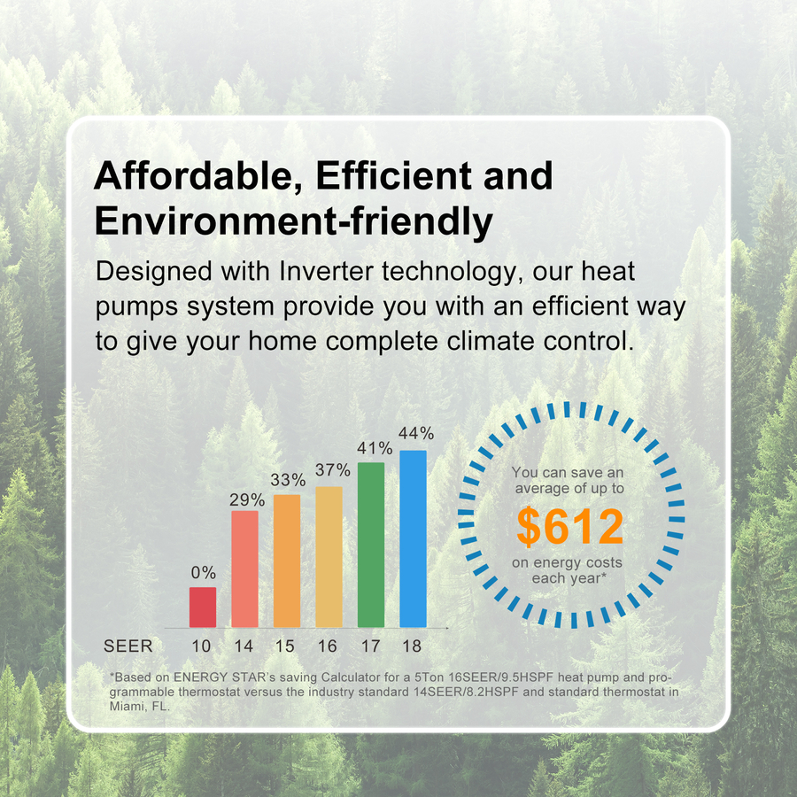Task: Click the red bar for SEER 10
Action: (203, 607)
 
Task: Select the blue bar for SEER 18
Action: (413, 538)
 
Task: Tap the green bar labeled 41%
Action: (371, 545)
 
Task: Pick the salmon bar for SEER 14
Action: (244, 569)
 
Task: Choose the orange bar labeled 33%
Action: (287, 561)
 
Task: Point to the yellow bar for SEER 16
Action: (329, 557)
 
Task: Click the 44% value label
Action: (416, 434)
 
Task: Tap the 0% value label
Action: (204, 573)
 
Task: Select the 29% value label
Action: (247, 500)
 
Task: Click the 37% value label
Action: (332, 470)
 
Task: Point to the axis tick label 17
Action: (370, 646)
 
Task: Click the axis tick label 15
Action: (284, 646)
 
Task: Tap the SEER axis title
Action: (128, 646)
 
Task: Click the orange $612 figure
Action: (569, 527)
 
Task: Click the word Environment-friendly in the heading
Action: (293, 222)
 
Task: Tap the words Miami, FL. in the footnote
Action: (140, 707)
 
